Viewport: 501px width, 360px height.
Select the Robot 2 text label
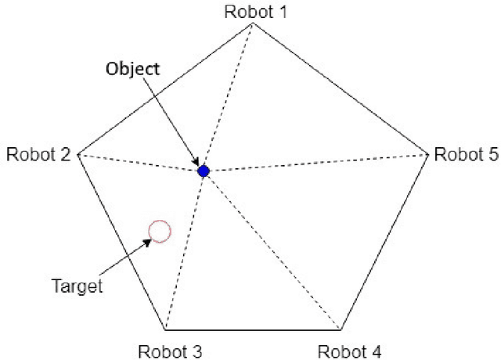38,153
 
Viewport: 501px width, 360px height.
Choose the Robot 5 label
466,153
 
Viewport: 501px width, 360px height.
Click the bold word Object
133,69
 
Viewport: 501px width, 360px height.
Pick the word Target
77,286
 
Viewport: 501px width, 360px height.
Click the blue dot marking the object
204,171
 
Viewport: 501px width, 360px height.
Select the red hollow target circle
160,231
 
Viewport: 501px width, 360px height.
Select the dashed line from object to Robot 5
313,162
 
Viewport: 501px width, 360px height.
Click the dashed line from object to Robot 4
272,250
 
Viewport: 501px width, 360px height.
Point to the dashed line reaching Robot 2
141,162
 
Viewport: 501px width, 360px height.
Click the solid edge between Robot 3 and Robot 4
254,329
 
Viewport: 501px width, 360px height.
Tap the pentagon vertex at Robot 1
252,23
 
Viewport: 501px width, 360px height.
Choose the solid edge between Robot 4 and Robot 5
384,241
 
